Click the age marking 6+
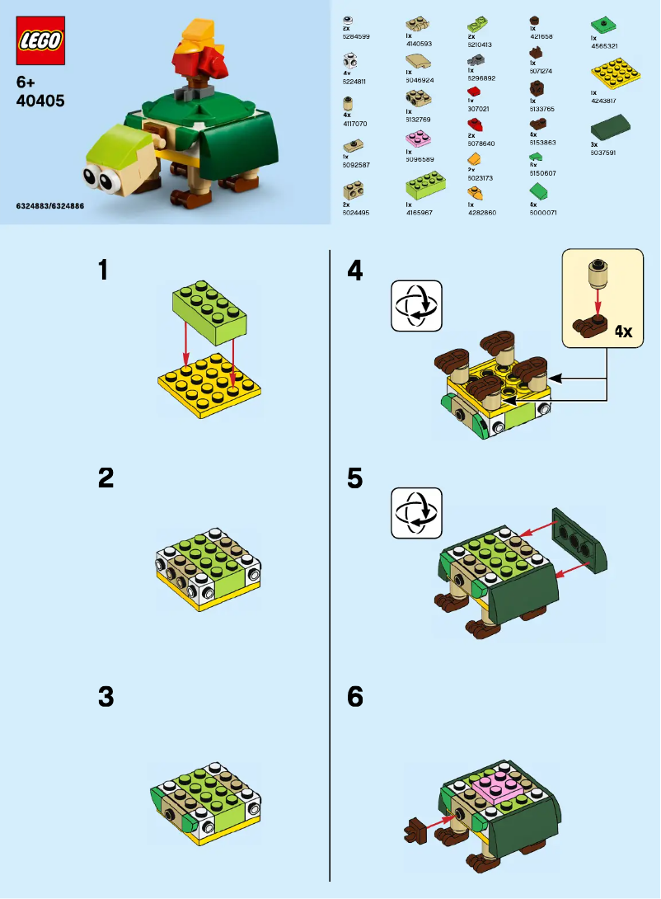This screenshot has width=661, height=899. (26, 82)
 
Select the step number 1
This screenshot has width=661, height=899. (103, 271)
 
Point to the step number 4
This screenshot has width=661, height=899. (355, 271)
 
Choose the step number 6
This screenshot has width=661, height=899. (355, 697)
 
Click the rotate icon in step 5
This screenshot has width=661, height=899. (416, 513)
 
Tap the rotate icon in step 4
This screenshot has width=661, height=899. (416, 305)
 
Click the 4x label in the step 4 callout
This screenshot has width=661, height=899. (622, 332)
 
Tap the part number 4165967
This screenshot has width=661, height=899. (420, 213)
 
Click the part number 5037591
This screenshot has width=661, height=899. (603, 153)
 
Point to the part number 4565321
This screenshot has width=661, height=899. (605, 45)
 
